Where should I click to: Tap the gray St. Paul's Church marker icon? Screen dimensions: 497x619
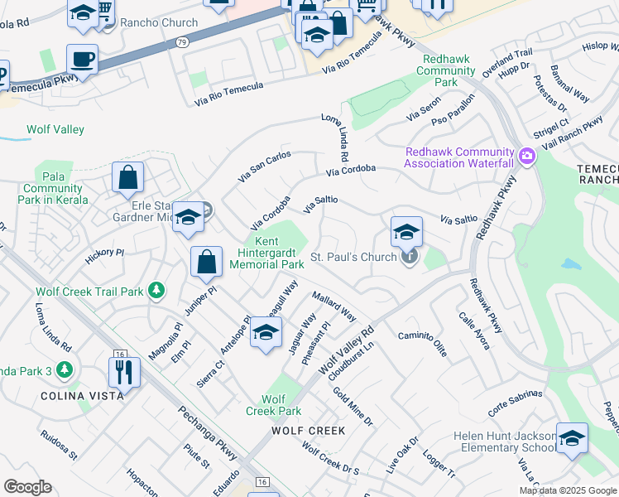pos(409,258)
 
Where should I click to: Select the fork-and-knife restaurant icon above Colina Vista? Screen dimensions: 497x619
pos(124,372)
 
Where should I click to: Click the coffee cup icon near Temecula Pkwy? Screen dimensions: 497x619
pos(82,60)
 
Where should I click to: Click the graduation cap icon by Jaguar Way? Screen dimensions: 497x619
pos(265,332)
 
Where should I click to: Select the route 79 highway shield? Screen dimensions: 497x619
pos(181,41)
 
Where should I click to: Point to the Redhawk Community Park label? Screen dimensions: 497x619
pos(447,70)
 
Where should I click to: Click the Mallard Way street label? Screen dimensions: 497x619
pos(333,306)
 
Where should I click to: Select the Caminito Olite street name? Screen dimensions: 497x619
pos(423,342)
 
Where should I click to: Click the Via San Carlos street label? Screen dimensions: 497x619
pos(264,166)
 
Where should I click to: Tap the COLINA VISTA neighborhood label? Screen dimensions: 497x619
pos(83,396)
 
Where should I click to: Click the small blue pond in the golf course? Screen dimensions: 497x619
pos(570,264)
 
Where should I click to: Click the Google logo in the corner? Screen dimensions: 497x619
pos(27,487)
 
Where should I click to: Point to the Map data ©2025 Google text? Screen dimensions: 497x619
pos(567,490)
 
